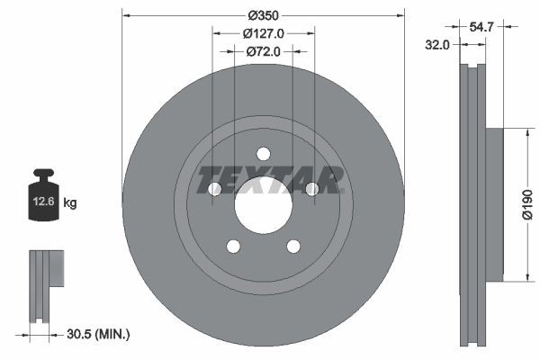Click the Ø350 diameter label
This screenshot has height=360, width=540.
[x=263, y=15]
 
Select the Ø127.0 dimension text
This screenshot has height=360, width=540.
[x=264, y=33]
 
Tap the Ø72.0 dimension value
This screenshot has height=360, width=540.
[x=264, y=51]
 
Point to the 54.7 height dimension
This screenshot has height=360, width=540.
[x=481, y=28]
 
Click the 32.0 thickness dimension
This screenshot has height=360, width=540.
[x=438, y=45]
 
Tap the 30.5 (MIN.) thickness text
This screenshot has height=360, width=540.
[x=98, y=334]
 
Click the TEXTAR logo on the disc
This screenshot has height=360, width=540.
[x=270, y=179]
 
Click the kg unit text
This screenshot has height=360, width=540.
[x=70, y=203]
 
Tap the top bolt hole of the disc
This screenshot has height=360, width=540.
[x=263, y=154]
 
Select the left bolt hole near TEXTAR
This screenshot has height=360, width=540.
[x=215, y=189]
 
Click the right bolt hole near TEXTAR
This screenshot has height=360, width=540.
[x=311, y=189]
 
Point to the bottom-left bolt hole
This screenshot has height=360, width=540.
[x=233, y=246]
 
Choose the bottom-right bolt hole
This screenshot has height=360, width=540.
[x=292, y=246]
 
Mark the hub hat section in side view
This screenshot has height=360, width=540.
[x=493, y=204]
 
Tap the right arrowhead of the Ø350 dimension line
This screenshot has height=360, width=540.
[x=400, y=15]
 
